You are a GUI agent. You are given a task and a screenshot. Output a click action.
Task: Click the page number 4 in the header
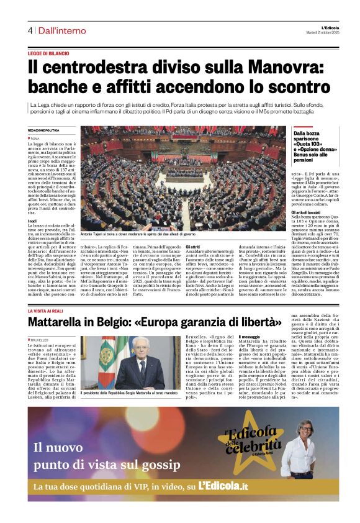pyautogui.click(x=29, y=30)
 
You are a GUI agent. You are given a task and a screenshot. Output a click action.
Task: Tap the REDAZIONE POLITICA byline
pyautogui.click(x=43, y=130)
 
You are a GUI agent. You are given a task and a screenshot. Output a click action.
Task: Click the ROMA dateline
pyautogui.click(x=35, y=138)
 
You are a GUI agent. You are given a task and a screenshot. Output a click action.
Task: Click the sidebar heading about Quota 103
pyautogui.click(x=315, y=143)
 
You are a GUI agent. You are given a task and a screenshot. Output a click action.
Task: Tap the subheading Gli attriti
pyautogui.click(x=192, y=247)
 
